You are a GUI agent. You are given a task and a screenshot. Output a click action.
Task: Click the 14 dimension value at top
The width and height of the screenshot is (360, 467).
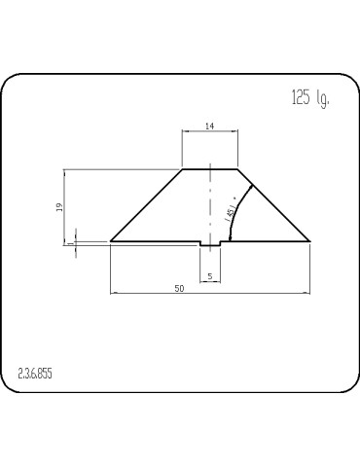pyautogui.click(x=210, y=126)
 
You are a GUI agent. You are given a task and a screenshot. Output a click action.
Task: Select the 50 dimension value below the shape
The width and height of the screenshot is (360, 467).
pyautogui.click(x=178, y=288)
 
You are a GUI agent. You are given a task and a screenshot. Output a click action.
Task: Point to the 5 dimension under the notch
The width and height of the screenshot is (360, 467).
pyautogui.click(x=211, y=277)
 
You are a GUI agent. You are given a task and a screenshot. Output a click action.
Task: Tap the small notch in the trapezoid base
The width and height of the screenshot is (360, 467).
pyautogui.click(x=211, y=244)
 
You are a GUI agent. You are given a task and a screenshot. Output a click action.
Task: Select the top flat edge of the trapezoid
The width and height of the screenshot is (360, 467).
pyautogui.click(x=210, y=169)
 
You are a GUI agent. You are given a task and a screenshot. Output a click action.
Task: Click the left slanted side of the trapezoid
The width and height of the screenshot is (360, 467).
pyautogui.click(x=146, y=205)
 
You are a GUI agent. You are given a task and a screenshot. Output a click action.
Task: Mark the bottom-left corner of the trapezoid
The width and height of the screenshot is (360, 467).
pyautogui.click(x=110, y=240)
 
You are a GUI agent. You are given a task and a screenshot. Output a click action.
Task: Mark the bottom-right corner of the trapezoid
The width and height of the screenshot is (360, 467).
pyautogui.click(x=310, y=240)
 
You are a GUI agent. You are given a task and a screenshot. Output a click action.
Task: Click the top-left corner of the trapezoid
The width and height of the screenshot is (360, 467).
pyautogui.click(x=184, y=169)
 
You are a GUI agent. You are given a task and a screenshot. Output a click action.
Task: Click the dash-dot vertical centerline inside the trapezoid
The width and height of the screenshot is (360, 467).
pyautogui.click(x=211, y=204)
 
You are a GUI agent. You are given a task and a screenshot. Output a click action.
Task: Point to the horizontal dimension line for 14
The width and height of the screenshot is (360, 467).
pyautogui.click(x=210, y=131)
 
